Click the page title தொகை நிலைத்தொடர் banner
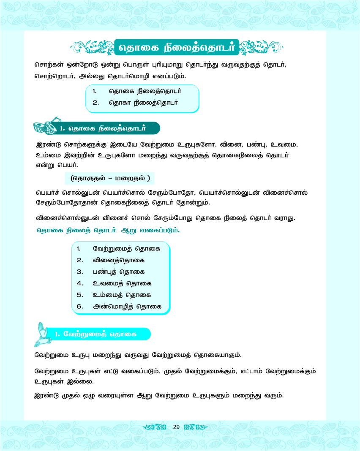(176, 46)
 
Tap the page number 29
(177, 427)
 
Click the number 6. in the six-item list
(80, 306)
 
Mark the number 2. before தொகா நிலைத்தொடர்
(95, 103)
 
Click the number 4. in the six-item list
(79, 283)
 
